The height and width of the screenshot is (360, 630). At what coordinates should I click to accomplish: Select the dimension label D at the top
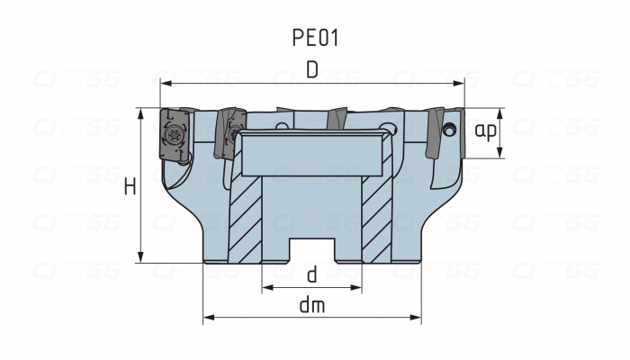click(311, 69)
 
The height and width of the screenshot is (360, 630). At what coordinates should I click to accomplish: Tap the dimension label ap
click(486, 132)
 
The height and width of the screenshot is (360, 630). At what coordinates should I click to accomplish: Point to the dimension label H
click(130, 187)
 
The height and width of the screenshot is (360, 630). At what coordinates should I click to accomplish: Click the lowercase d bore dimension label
click(311, 274)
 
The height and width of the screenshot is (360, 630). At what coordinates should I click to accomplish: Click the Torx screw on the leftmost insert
click(173, 136)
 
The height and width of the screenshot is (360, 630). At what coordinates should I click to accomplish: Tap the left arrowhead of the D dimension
click(165, 84)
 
